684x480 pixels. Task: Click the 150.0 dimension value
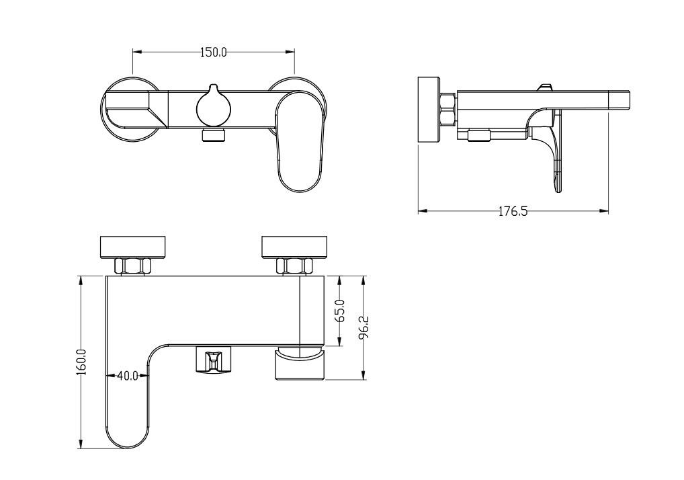(213, 52)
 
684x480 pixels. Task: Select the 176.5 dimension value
(513, 211)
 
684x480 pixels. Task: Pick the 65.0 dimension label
(339, 311)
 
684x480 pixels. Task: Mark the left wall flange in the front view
(133, 246)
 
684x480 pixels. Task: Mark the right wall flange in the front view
(295, 246)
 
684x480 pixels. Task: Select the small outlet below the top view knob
(214, 136)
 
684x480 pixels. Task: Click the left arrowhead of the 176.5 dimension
(421, 211)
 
